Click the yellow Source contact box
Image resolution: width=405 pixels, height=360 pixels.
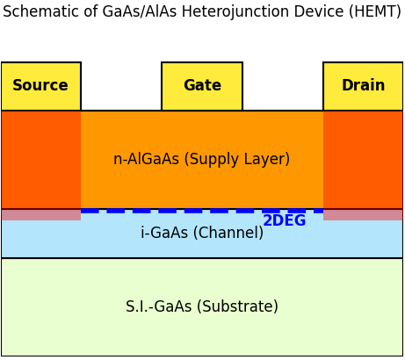(x=40, y=86)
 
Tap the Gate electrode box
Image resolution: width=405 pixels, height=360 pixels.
(x=202, y=86)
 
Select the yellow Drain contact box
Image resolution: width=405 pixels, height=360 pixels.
(x=363, y=86)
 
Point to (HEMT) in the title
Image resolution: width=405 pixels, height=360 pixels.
(x=376, y=12)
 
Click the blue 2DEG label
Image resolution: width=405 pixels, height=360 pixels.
(x=284, y=221)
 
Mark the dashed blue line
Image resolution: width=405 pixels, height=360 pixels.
(x=167, y=211)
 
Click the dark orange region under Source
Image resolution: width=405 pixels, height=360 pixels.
(x=40, y=160)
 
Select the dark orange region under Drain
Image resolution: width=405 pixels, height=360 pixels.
(x=363, y=160)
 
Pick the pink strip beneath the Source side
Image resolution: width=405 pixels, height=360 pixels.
(x=40, y=215)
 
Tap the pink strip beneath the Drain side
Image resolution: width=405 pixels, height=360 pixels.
(x=363, y=215)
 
